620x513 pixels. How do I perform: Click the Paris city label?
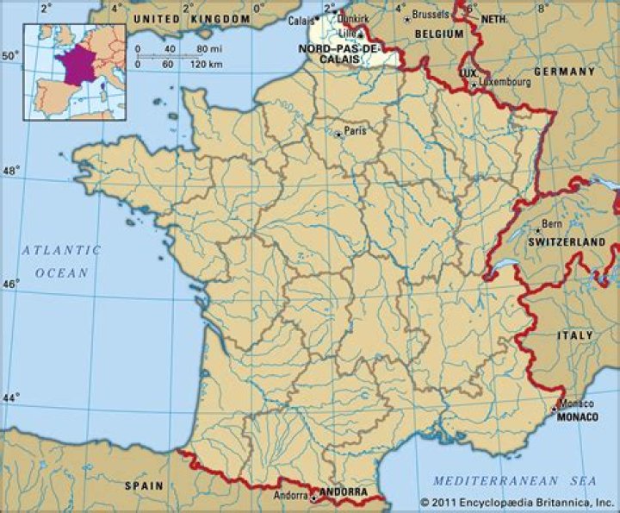pyautogui.click(x=355, y=131)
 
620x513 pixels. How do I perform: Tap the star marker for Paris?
pyautogui.click(x=339, y=133)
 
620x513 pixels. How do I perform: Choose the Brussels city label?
pyautogui.click(x=431, y=15)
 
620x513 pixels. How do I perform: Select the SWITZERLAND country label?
pyautogui.click(x=567, y=244)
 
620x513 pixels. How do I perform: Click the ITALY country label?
pyautogui.click(x=575, y=335)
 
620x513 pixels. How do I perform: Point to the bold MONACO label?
pyautogui.click(x=577, y=416)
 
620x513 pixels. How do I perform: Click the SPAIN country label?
pyautogui.click(x=144, y=485)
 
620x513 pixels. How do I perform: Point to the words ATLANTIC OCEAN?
pyautogui.click(x=61, y=261)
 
